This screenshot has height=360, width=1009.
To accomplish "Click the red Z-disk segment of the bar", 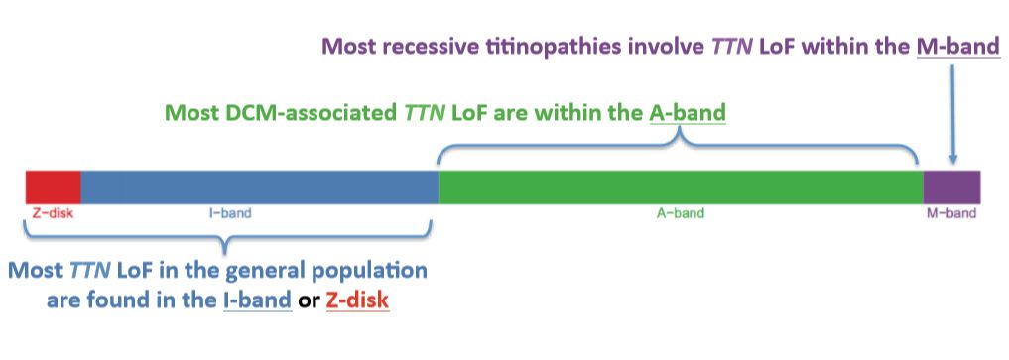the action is click(54, 187).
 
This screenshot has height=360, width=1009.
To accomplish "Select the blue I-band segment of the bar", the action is click(259, 187).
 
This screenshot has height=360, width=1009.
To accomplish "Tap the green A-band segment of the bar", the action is click(681, 187).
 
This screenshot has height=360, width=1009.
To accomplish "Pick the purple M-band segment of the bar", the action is click(951, 187).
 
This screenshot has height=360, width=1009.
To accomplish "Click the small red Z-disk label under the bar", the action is click(53, 213).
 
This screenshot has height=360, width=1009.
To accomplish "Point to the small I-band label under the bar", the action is click(230, 213).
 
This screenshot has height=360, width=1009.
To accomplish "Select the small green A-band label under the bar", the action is click(681, 213).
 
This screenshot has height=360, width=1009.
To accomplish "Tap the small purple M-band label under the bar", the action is click(951, 213).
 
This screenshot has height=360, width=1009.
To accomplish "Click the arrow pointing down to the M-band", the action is click(953, 113).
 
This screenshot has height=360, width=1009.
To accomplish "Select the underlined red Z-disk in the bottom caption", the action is click(358, 300).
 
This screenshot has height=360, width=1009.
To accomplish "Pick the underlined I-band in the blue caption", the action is click(254, 300).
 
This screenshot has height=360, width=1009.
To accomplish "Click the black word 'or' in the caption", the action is click(309, 301).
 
